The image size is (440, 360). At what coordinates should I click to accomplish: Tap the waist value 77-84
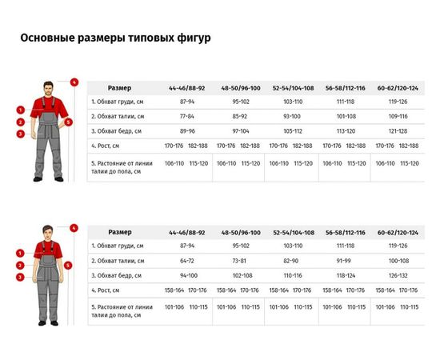187,116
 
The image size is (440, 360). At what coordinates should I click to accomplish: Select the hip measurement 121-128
398,130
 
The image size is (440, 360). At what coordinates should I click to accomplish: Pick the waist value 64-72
187,261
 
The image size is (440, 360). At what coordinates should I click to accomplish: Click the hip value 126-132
398,275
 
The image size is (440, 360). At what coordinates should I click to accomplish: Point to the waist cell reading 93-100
293,116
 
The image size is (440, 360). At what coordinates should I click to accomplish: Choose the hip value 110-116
293,275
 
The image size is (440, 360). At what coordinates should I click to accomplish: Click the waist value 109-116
398,116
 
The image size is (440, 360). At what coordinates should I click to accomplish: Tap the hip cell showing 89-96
187,130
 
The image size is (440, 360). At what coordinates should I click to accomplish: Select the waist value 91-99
345,261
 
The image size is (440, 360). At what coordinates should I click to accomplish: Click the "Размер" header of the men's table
120,87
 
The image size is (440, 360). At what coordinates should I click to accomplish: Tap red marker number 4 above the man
74,82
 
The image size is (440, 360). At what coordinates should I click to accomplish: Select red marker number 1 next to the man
19,110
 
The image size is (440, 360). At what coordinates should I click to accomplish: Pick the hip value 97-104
240,130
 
